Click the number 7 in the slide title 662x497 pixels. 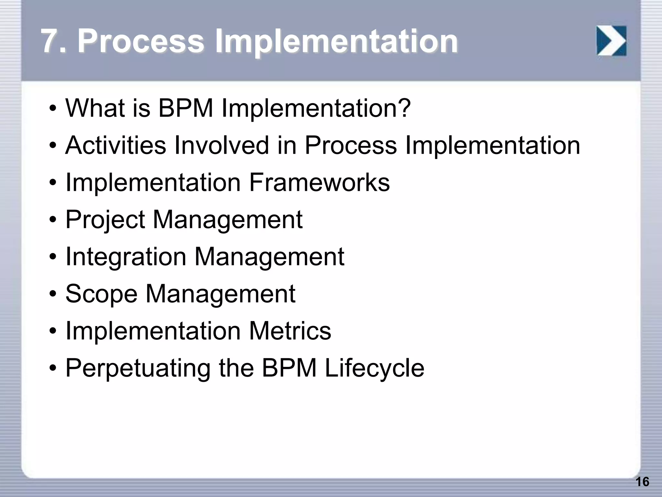coord(51,41)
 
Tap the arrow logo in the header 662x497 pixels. coord(611,41)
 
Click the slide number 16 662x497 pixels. coord(642,482)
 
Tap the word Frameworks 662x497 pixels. coord(319,182)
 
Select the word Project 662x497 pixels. coord(105,220)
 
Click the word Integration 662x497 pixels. coord(126,257)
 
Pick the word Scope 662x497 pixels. coord(101,294)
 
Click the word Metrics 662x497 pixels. coord(290,331)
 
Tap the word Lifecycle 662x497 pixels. coord(374,368)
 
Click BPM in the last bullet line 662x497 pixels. coord(289,368)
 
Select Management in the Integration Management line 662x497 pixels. coord(269,257)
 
